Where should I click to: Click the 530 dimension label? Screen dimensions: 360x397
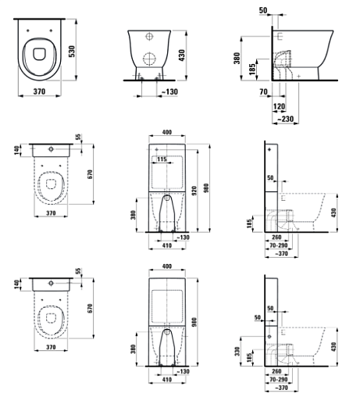tap(72, 52)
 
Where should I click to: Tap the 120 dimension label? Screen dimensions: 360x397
tap(279, 106)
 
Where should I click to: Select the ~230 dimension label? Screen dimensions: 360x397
tap(285, 119)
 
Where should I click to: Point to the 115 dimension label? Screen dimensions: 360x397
tap(162, 159)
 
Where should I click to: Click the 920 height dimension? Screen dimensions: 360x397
tap(194, 191)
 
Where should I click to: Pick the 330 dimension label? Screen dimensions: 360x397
tap(237, 352)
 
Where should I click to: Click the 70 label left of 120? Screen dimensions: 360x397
tap(263, 91)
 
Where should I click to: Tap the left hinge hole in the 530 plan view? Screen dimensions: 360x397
tap(28, 30)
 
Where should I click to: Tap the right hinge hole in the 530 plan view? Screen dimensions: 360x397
tap(51, 30)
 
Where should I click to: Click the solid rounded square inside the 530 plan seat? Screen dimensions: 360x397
tap(39, 53)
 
